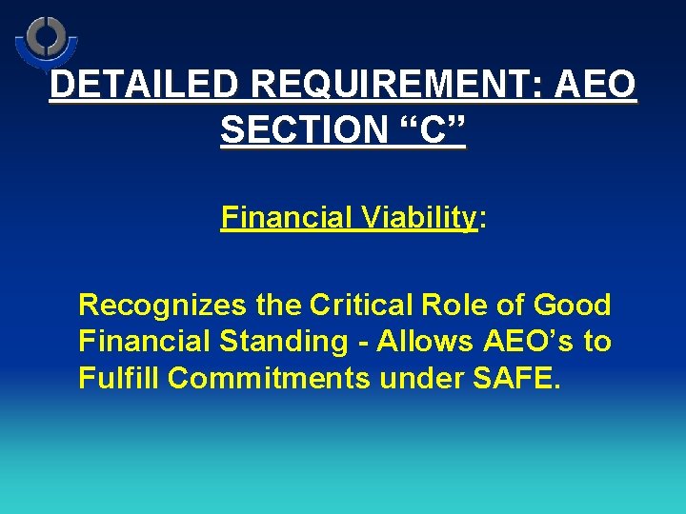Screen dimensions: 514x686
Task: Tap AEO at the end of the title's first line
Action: click(593, 86)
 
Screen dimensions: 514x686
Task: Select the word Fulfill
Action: click(119, 378)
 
